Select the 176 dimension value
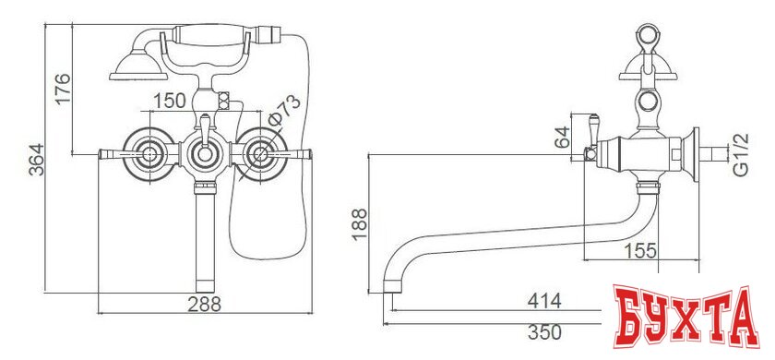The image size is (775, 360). coord(62,90)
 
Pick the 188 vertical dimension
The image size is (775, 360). coord(359,224)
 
